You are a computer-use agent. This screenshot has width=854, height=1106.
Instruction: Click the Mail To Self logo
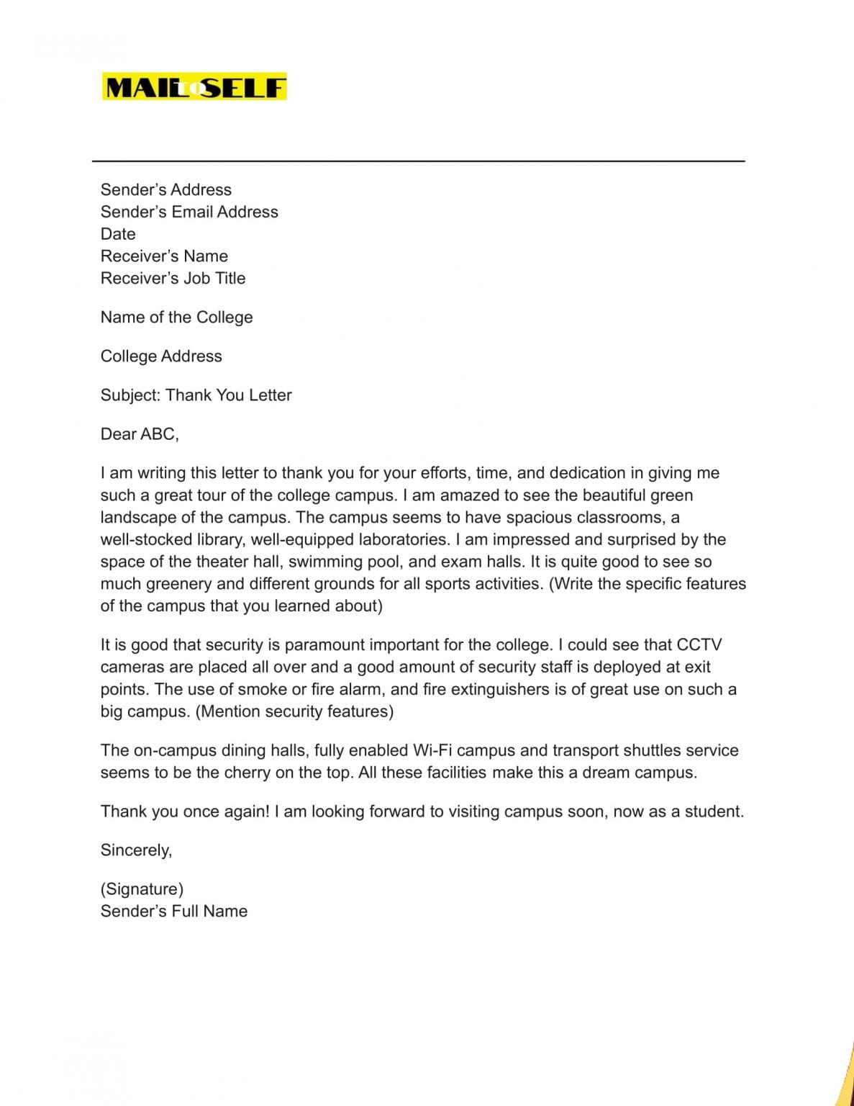pos(194,87)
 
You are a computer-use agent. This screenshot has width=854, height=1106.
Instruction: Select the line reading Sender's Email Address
pos(189,212)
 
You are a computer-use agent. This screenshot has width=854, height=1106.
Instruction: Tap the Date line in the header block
pos(118,234)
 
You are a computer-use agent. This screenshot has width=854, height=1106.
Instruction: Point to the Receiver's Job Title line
pos(173,278)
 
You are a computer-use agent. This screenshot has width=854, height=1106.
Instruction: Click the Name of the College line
pos(176,317)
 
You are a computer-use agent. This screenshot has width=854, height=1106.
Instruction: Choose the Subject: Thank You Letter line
pos(196,395)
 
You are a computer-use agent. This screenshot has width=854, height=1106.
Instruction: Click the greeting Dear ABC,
pos(140,433)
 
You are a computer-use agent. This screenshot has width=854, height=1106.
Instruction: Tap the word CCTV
pos(699,644)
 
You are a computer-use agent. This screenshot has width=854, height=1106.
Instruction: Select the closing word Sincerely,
pos(136,850)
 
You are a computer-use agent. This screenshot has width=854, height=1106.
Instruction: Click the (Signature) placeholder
pos(142,889)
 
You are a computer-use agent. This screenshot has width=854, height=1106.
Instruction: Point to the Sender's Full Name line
pos(173,911)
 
